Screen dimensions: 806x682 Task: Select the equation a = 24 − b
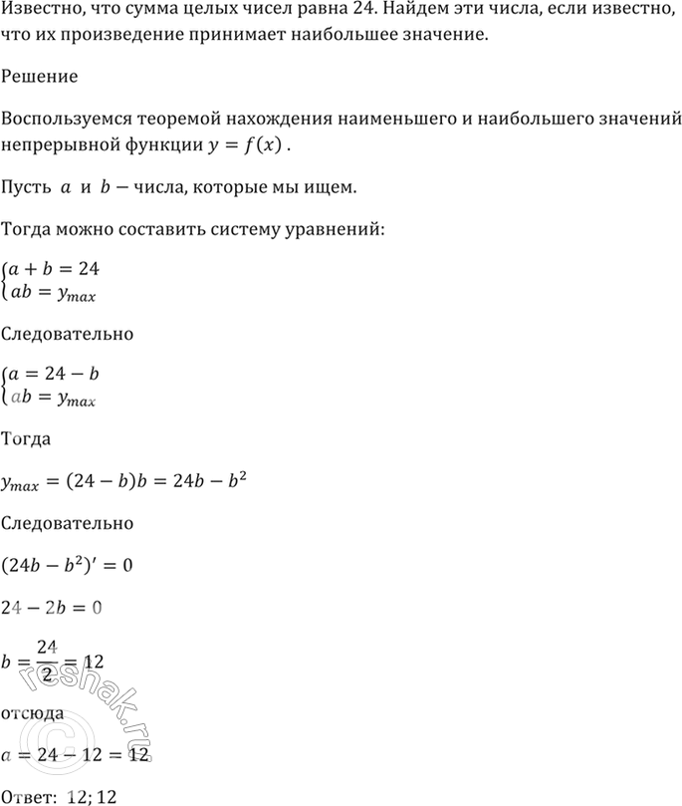[x=54, y=375]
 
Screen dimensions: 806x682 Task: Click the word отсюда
[x=34, y=712]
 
